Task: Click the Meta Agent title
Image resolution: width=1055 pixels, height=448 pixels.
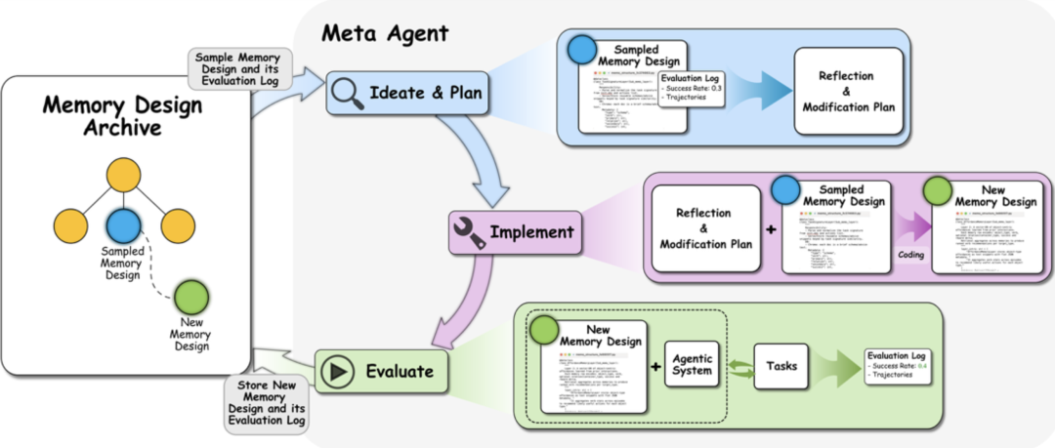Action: click(x=385, y=33)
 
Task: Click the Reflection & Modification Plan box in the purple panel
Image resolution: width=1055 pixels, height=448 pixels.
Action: click(x=705, y=229)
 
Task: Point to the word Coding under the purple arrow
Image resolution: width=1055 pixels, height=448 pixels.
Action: click(x=911, y=252)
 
